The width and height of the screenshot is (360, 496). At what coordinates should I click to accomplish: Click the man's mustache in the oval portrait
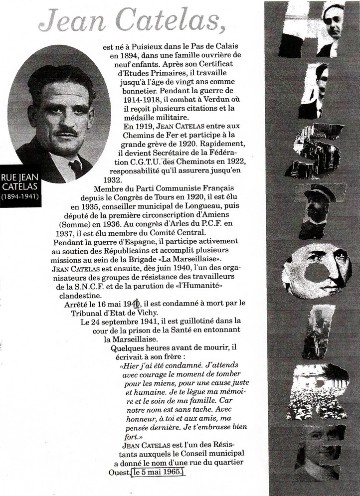66,133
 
